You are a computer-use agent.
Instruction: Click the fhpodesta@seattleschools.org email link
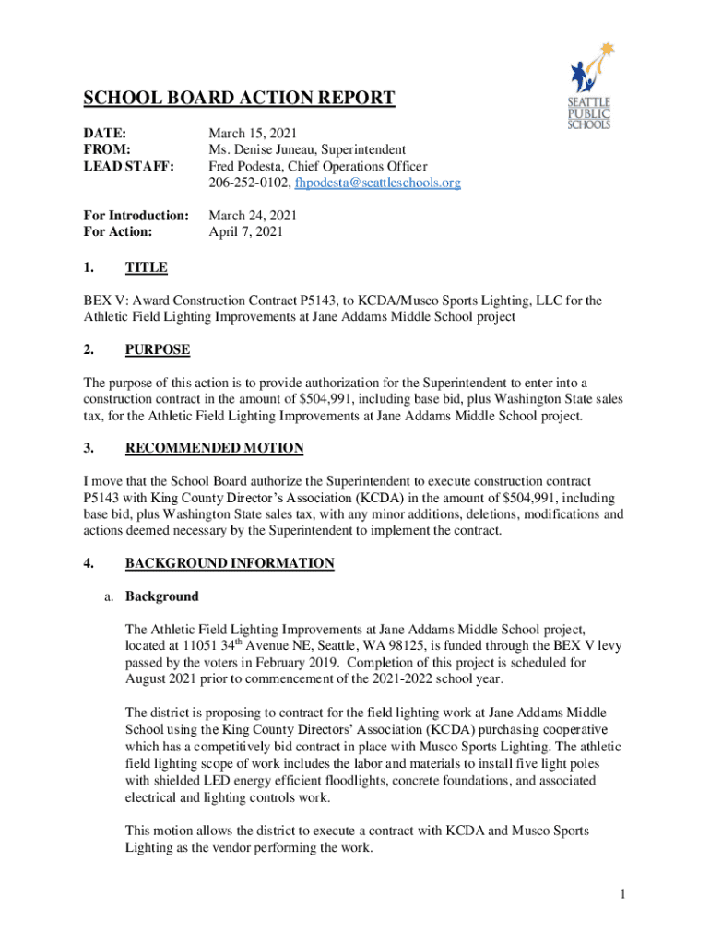[x=378, y=183]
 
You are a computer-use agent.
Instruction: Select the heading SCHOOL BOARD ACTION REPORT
[x=240, y=99]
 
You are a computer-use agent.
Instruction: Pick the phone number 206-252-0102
[x=246, y=183]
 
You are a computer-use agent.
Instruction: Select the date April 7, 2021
[x=246, y=232]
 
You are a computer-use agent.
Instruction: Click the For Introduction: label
[x=136, y=216]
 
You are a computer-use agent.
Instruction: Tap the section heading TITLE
[x=146, y=267]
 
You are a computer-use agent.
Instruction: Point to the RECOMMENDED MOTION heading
[x=214, y=448]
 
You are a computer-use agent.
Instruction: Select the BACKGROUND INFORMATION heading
[x=230, y=563]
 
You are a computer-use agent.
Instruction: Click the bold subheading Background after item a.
[x=161, y=596]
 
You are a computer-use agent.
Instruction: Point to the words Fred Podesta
[x=243, y=166]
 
